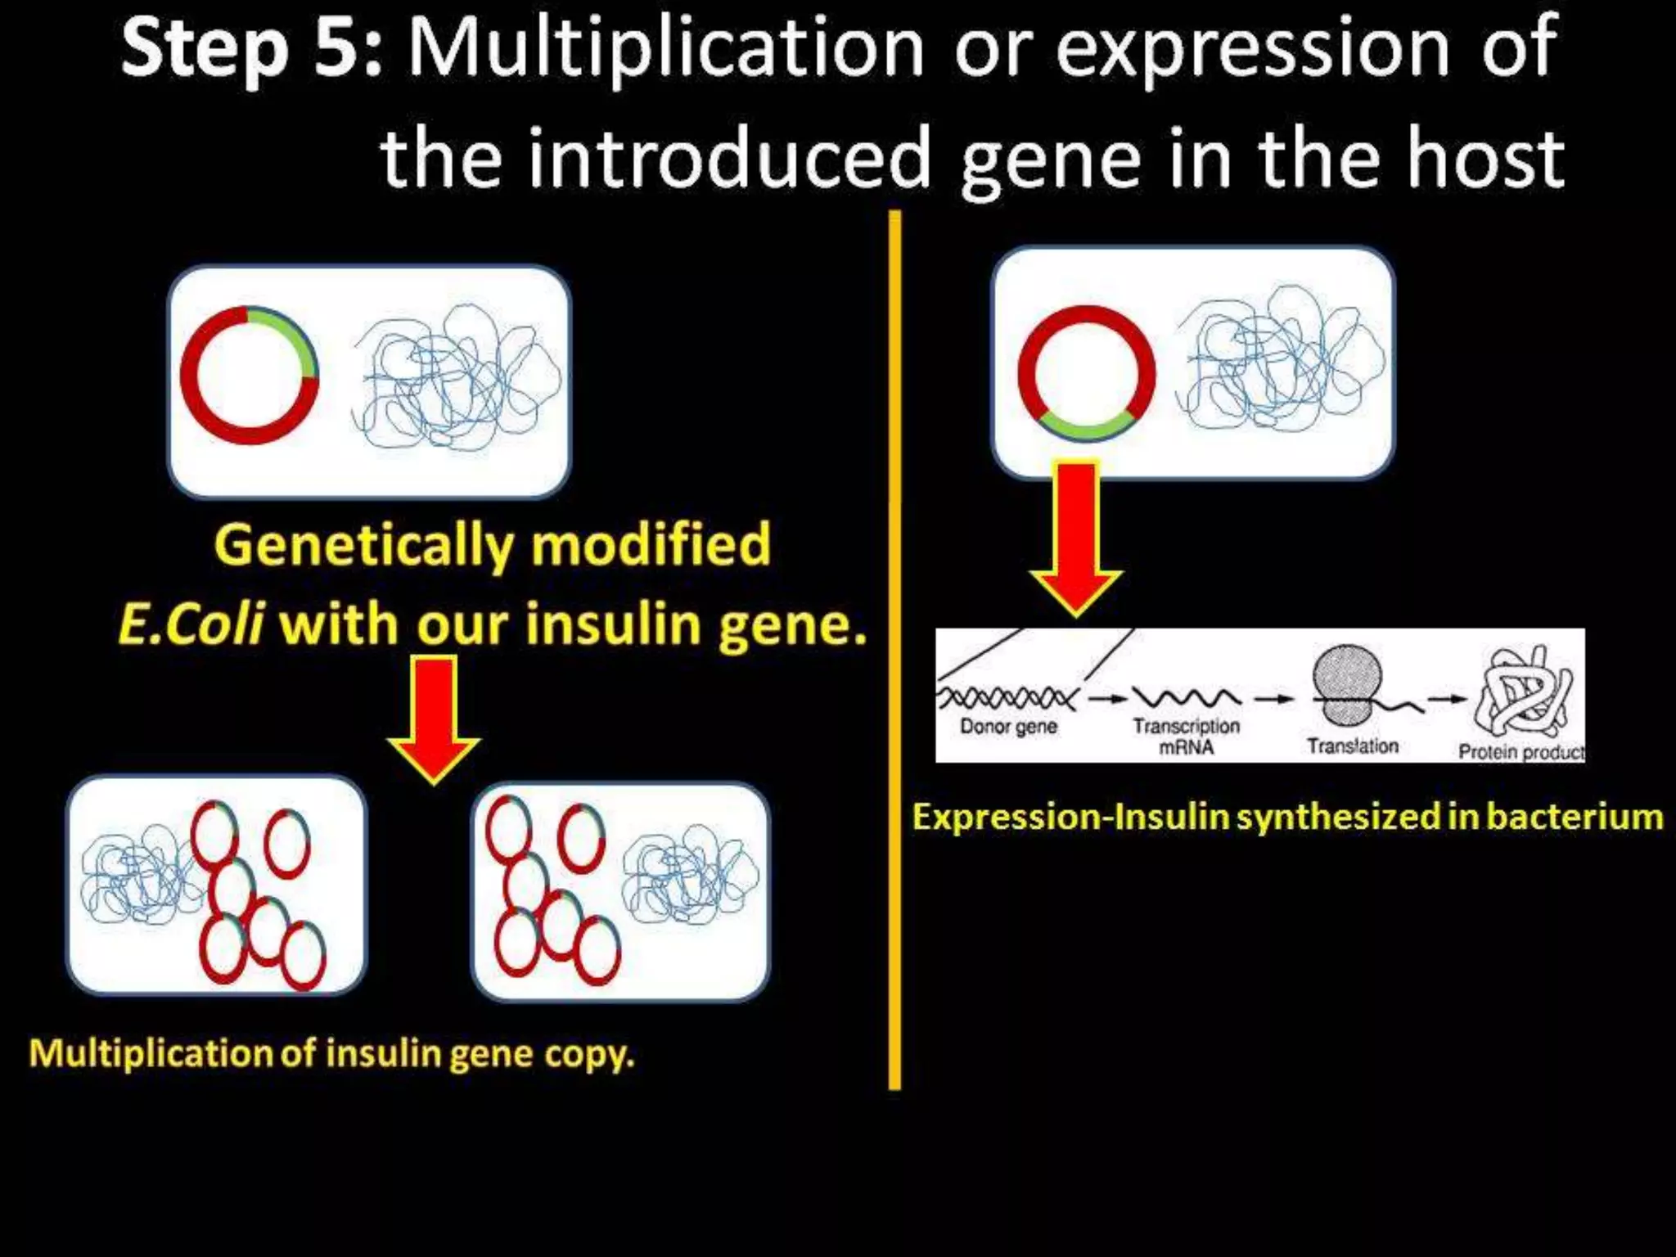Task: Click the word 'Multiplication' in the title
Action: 665,51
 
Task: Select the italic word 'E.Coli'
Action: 191,624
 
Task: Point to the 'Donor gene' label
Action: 1008,727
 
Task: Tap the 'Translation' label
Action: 1352,746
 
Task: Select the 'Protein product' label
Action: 1521,752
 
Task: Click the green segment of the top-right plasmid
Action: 1087,426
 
